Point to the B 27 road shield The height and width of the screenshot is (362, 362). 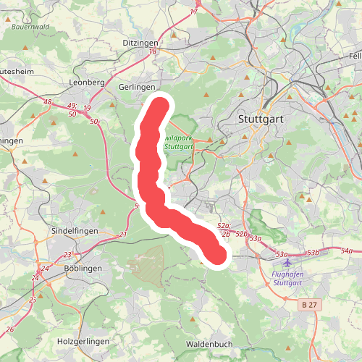pos(308,306)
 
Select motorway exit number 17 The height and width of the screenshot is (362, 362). pos(194,12)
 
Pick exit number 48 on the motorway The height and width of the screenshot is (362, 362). pos(47,102)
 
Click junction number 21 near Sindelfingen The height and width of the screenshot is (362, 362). pos(123,234)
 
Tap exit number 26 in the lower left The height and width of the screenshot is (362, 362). pos(9,329)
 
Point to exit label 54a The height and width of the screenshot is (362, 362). pos(346,251)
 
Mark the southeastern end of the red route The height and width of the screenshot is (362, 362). pos(216,254)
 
